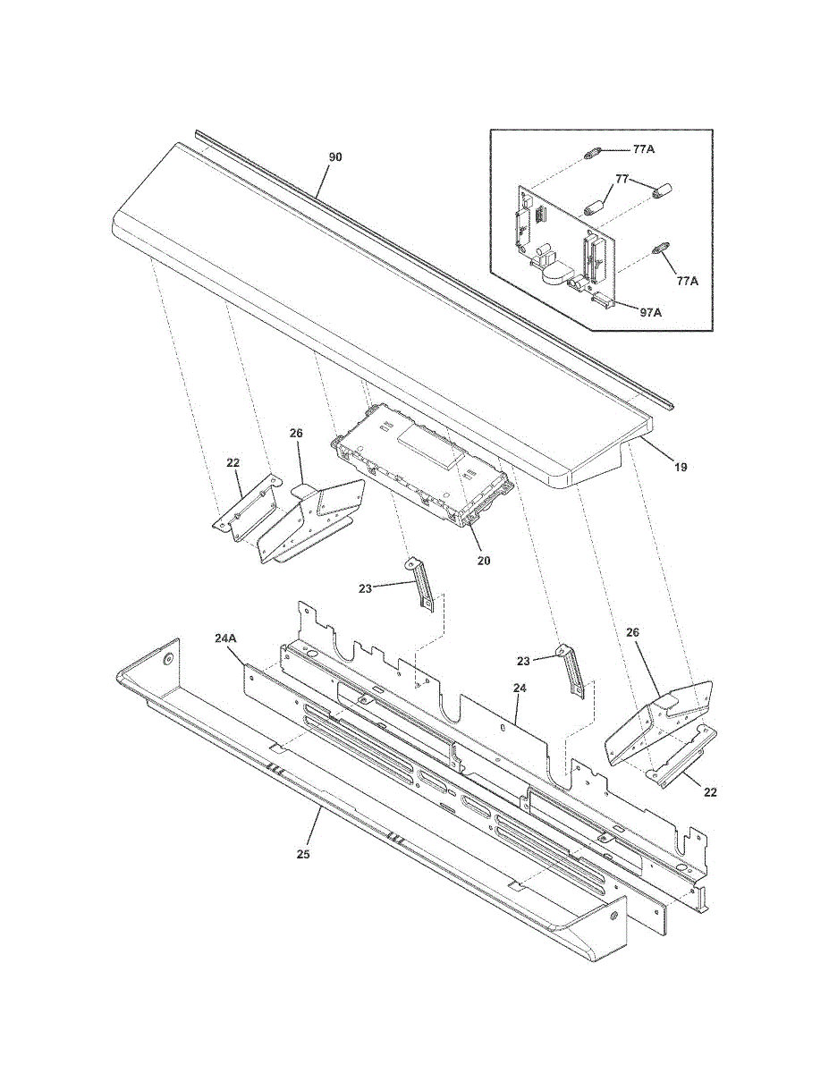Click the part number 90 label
335,157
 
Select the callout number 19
681,467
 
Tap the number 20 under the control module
484,561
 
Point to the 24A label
226,638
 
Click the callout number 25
304,854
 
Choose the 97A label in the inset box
650,312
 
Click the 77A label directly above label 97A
687,281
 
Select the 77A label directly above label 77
644,149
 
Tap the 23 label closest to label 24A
365,588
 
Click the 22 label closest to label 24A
233,463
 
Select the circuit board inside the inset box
563,237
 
